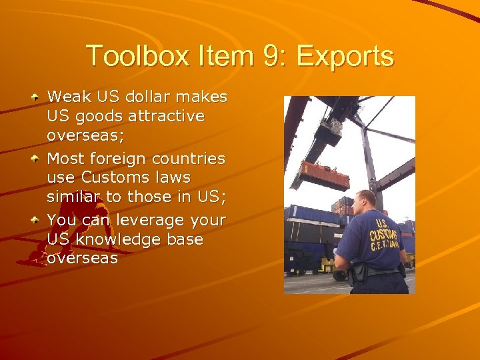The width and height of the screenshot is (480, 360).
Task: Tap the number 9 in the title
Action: [273, 56]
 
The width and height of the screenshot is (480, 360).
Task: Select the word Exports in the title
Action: [345, 56]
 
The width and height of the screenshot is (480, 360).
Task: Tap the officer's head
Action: [367, 201]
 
